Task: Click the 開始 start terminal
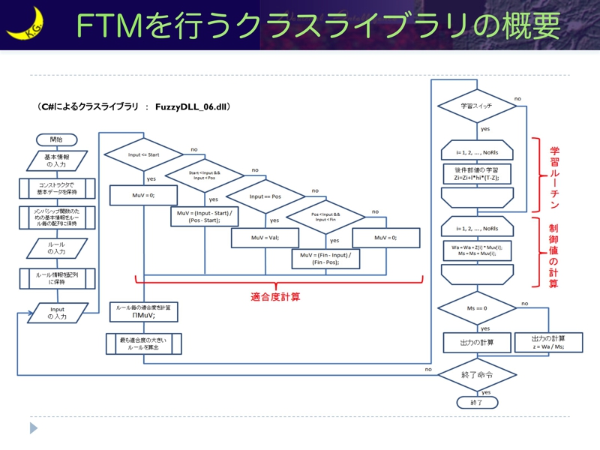(x=57, y=139)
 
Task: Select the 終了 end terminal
(x=477, y=403)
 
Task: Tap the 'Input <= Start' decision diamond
(x=143, y=154)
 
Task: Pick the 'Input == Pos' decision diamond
(x=265, y=196)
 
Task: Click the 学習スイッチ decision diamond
(x=477, y=106)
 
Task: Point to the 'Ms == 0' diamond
(x=477, y=308)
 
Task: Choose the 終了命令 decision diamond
(x=477, y=374)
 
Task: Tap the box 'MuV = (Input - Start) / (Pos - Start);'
(x=205, y=217)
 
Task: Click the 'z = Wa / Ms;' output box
(x=548, y=342)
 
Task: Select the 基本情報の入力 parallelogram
(x=57, y=160)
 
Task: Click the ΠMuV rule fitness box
(x=143, y=312)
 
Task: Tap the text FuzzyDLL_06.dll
(x=191, y=107)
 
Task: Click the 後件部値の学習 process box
(x=477, y=174)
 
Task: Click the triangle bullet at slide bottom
(x=34, y=428)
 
